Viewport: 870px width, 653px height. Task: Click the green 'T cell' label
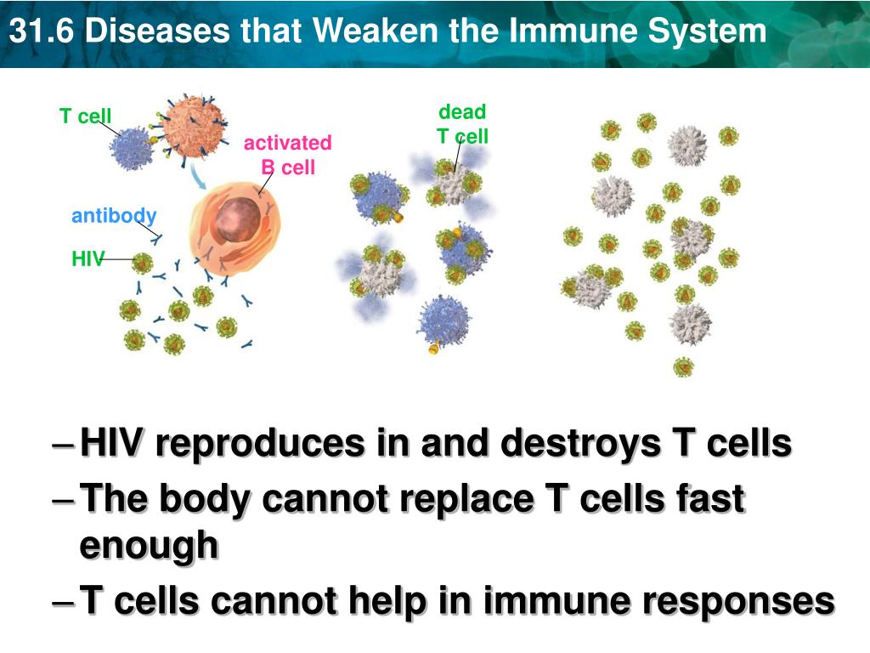coord(85,116)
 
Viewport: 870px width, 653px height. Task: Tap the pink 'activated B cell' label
coord(287,155)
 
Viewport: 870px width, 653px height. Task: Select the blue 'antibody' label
coord(114,215)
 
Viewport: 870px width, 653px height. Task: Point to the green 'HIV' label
coord(87,259)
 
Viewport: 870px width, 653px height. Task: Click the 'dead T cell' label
coord(462,124)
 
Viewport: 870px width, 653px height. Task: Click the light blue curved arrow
coord(197,177)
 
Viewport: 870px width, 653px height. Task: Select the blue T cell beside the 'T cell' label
coord(132,147)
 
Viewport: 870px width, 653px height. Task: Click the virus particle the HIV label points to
coord(142,263)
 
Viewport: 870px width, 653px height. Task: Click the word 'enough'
coord(149,545)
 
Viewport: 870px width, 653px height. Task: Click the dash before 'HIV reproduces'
coord(62,446)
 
